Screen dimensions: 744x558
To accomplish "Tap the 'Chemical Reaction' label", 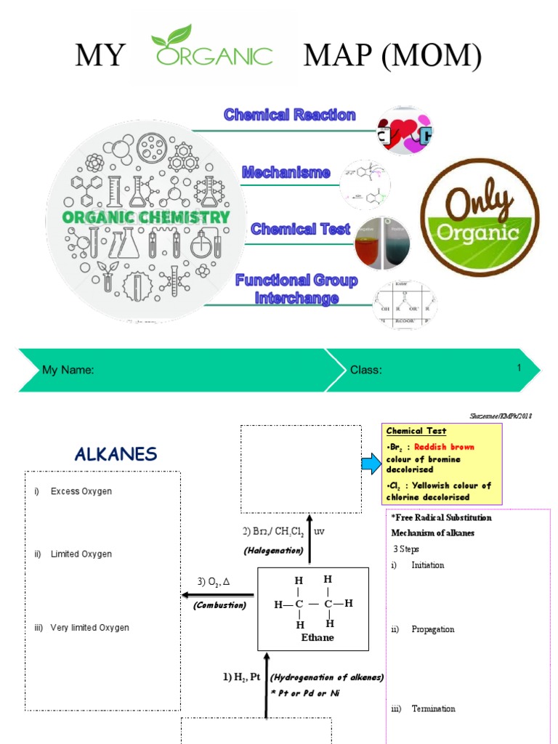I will pos(289,115).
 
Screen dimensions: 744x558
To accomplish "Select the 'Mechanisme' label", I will pos(286,173).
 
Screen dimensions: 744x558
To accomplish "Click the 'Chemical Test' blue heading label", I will pos(300,230).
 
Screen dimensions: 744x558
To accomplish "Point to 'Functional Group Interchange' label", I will pos(296,289).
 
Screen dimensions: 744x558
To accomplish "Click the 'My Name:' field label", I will pos(68,370).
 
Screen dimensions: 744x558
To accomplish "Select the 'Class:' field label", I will pos(366,370).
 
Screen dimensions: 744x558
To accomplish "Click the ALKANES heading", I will pos(116,455).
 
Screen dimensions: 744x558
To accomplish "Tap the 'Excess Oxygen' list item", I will pos(81,492).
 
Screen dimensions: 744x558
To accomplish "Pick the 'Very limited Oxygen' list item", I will pos(89,628).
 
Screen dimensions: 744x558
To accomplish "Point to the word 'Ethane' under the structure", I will pos(318,637).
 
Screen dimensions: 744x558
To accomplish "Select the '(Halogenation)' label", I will pos(273,550).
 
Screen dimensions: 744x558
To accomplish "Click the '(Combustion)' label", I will pos(219,604).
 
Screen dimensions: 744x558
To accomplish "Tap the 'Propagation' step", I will pos(432,629).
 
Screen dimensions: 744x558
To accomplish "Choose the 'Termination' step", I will pos(433,708).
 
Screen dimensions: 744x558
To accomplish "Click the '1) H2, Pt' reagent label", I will pos(241,677).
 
